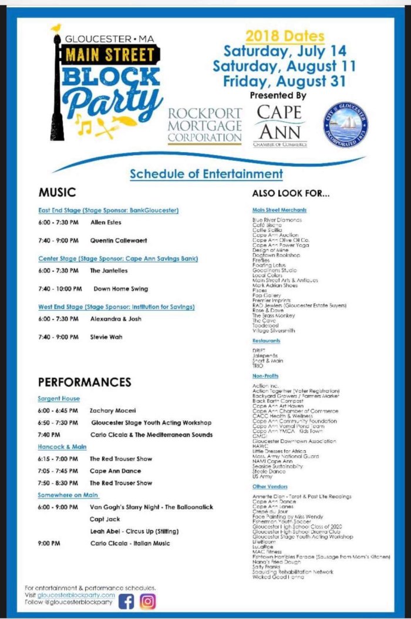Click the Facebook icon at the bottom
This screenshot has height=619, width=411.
click(126, 601)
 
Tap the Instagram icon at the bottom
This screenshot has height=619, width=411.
click(148, 601)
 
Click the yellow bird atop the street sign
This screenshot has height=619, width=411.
click(56, 28)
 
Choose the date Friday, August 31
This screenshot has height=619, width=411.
click(284, 81)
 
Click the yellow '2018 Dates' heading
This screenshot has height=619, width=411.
click(284, 36)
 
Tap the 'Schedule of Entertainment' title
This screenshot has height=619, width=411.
click(206, 174)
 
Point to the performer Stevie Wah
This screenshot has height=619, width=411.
click(106, 337)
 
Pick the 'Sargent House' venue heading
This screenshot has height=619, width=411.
click(59, 399)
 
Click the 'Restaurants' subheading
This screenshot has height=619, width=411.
click(266, 341)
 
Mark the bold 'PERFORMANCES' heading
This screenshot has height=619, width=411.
click(85, 382)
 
